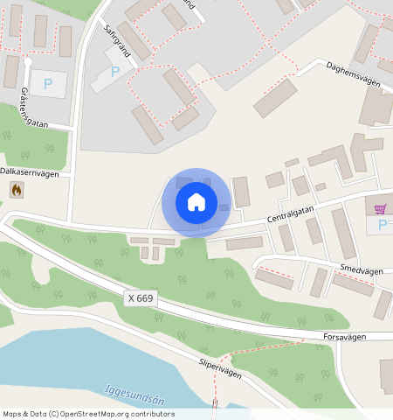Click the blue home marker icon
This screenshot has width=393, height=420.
[196, 202]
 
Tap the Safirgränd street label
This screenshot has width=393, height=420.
[117, 40]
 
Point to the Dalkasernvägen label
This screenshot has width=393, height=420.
[30, 173]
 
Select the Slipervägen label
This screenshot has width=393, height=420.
[219, 367]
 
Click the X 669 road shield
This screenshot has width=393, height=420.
[141, 298]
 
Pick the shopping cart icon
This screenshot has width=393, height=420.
[380, 208]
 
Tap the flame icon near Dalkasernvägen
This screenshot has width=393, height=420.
[17, 189]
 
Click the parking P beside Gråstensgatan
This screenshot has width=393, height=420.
[48, 84]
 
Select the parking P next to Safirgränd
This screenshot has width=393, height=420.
[114, 72]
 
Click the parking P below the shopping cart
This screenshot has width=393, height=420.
[382, 225]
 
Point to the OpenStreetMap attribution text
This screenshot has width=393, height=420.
[88, 414]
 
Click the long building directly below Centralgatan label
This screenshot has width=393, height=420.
[245, 243]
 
